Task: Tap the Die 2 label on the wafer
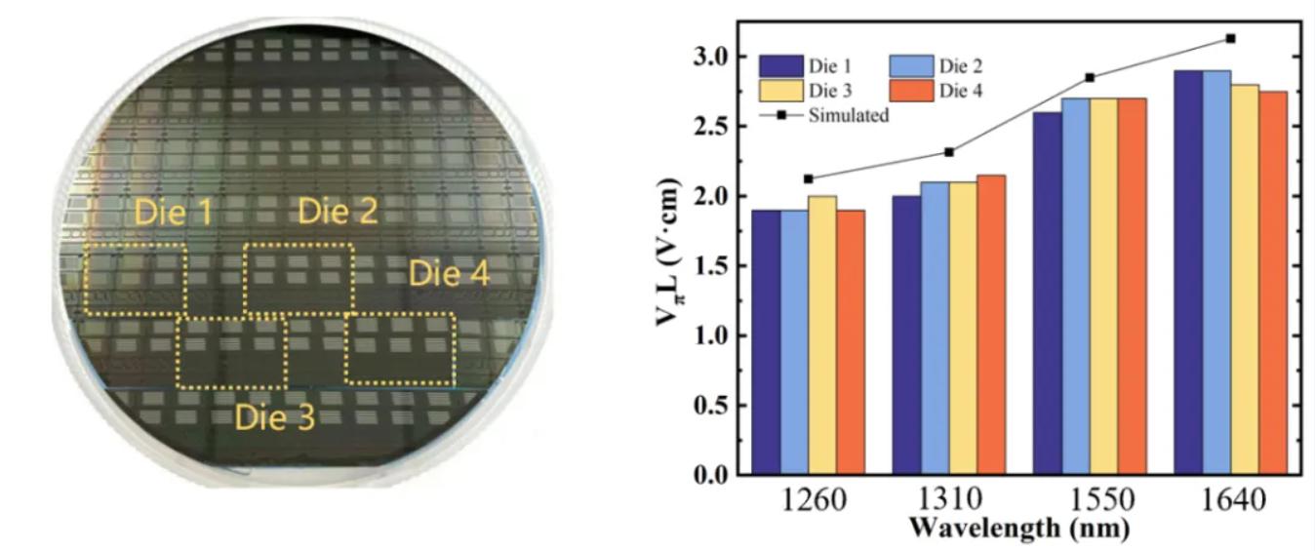pyautogui.click(x=338, y=211)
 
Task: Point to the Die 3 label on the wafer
pyautogui.click(x=274, y=418)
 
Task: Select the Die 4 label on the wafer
pyautogui.click(x=449, y=273)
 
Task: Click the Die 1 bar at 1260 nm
pyautogui.click(x=766, y=342)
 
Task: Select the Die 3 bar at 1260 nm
pyautogui.click(x=822, y=335)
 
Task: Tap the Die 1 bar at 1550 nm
pyautogui.click(x=1049, y=294)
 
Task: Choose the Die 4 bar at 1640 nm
pyautogui.click(x=1273, y=283)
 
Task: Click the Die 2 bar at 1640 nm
pyautogui.click(x=1216, y=273)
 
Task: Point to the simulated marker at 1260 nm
pyautogui.click(x=808, y=178)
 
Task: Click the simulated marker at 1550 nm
pyautogui.click(x=1090, y=77)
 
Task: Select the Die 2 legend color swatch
pyautogui.click(x=912, y=66)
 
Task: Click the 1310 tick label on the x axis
pyautogui.click(x=948, y=501)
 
